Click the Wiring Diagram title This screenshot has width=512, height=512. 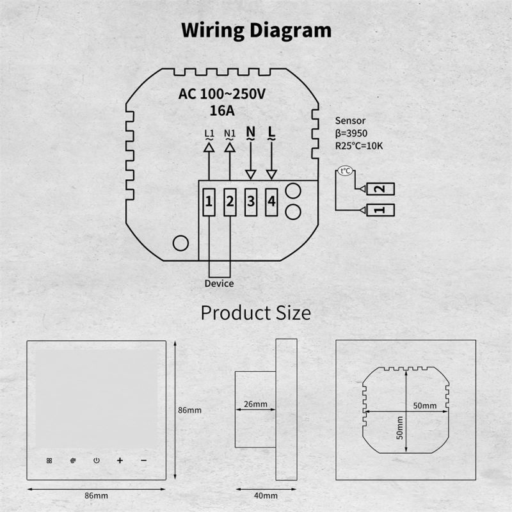tap(257, 31)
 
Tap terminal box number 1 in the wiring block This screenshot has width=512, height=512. tap(209, 202)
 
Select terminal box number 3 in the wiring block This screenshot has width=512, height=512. tap(251, 202)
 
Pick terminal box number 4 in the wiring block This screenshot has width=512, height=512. tap(271, 202)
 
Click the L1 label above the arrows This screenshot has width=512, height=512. tap(209, 133)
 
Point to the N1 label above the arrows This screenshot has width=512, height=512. tap(230, 133)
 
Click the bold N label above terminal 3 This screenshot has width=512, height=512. tap(250, 132)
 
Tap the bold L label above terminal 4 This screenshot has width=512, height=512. tap(271, 132)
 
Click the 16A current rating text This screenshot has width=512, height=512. tap(222, 111)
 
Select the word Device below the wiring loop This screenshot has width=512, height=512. tap(219, 284)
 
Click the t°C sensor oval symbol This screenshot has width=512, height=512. tap(345, 171)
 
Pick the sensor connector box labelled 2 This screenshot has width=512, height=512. tap(381, 189)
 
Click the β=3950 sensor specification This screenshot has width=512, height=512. tap(351, 133)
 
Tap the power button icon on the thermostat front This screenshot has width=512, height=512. tap(97, 460)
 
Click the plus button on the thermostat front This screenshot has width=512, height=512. tap(120, 460)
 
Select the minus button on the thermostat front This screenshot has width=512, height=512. tap(143, 460)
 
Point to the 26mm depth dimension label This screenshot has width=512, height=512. tap(255, 404)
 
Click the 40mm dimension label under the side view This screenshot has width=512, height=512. tap(266, 495)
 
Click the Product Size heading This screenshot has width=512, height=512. tap(255, 313)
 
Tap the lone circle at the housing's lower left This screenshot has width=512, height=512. tap(180, 243)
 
